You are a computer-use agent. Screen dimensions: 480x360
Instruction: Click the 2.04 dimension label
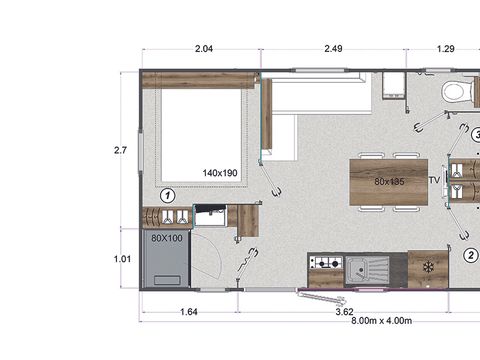click(x=204, y=49)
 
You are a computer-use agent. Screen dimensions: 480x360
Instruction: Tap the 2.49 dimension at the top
click(x=333, y=49)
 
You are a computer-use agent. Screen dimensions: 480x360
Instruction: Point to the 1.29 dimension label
click(x=446, y=49)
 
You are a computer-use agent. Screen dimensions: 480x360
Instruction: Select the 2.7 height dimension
click(x=120, y=150)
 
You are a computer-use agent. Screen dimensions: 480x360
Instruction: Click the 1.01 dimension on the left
click(x=122, y=259)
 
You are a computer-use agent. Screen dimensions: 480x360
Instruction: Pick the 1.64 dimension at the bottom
click(x=189, y=312)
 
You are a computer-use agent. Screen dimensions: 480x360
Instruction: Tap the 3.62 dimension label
click(x=344, y=312)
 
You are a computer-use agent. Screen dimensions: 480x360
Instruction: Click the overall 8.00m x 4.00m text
click(x=381, y=321)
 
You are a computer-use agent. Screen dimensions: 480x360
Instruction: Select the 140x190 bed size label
click(x=220, y=173)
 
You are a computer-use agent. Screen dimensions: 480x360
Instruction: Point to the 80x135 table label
click(x=389, y=182)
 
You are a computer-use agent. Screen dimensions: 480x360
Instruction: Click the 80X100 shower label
click(x=167, y=238)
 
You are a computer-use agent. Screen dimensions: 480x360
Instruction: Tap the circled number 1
click(x=167, y=196)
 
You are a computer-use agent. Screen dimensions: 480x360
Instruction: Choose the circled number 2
click(x=471, y=256)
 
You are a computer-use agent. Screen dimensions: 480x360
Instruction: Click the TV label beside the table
click(x=434, y=180)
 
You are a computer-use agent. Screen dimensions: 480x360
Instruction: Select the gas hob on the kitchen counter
click(x=326, y=263)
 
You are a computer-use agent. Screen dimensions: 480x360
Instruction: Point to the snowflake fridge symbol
click(x=428, y=267)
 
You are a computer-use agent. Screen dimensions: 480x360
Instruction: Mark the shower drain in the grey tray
click(x=167, y=280)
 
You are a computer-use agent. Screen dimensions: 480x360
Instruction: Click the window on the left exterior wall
click(x=140, y=152)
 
